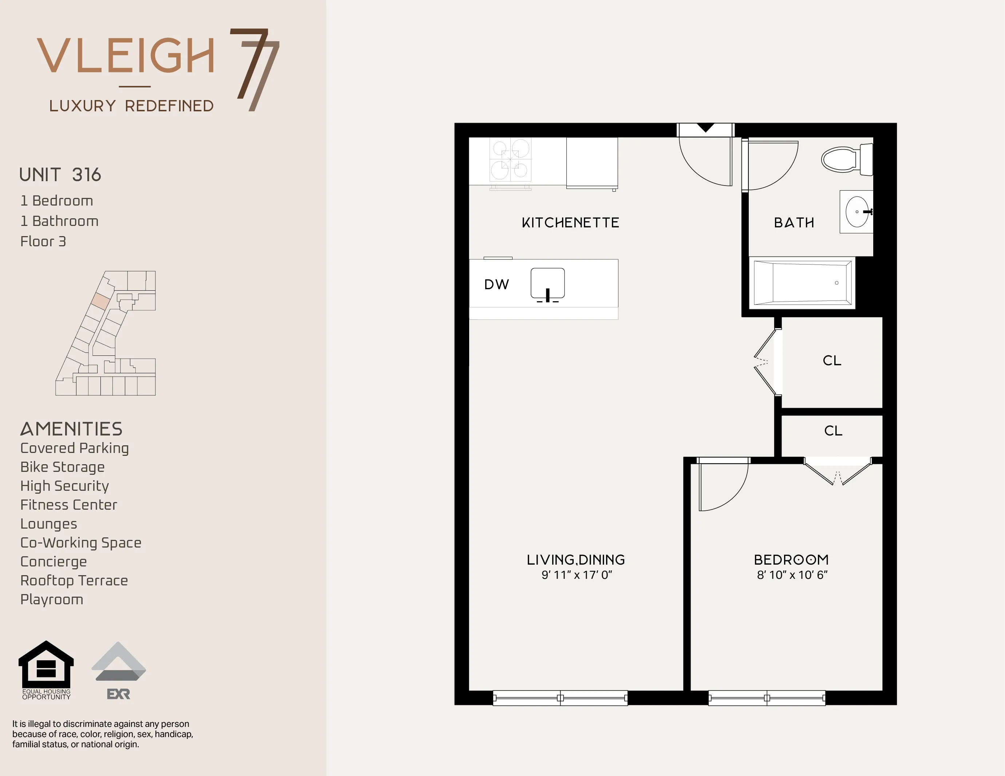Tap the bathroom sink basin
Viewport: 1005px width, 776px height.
pyautogui.click(x=857, y=212)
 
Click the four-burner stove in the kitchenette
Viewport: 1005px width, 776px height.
pyautogui.click(x=510, y=160)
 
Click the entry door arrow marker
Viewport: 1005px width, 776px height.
pyautogui.click(x=705, y=128)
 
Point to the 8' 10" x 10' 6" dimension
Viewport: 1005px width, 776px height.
pyautogui.click(x=792, y=575)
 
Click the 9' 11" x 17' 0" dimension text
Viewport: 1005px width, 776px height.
pyautogui.click(x=577, y=575)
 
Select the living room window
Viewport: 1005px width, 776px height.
pyautogui.click(x=560, y=698)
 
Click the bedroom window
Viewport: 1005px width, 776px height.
pyautogui.click(x=767, y=698)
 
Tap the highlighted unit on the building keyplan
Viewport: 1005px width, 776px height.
pyautogui.click(x=100, y=301)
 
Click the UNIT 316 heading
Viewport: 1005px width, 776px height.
pyautogui.click(x=60, y=175)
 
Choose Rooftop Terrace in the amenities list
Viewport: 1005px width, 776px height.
pyautogui.click(x=74, y=581)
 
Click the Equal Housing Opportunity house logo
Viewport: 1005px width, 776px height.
pyautogui.click(x=46, y=665)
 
